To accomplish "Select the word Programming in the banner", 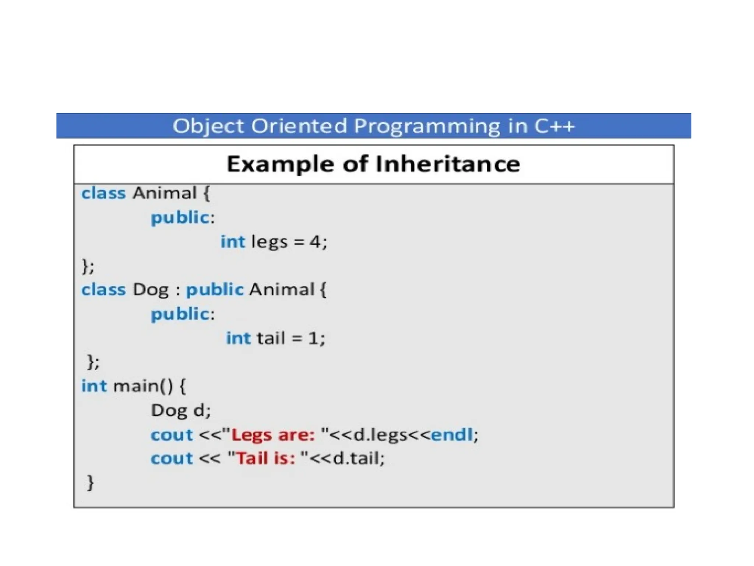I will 427,126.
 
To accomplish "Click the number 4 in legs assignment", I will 315,242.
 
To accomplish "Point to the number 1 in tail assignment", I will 313,338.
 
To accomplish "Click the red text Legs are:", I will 273,435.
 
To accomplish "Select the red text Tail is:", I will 265,459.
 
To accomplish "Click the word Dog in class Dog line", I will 150,290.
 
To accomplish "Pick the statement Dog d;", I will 181,410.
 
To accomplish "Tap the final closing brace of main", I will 90,483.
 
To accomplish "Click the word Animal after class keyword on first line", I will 164,193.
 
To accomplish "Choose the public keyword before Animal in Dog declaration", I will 214,290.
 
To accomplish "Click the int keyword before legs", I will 233,242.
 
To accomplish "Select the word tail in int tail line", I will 271,338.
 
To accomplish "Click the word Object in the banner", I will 208,126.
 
